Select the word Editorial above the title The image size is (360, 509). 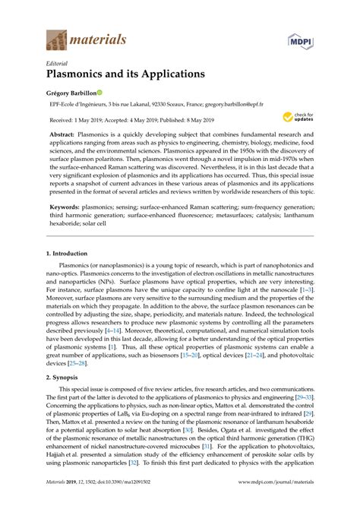(x=58, y=63)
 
